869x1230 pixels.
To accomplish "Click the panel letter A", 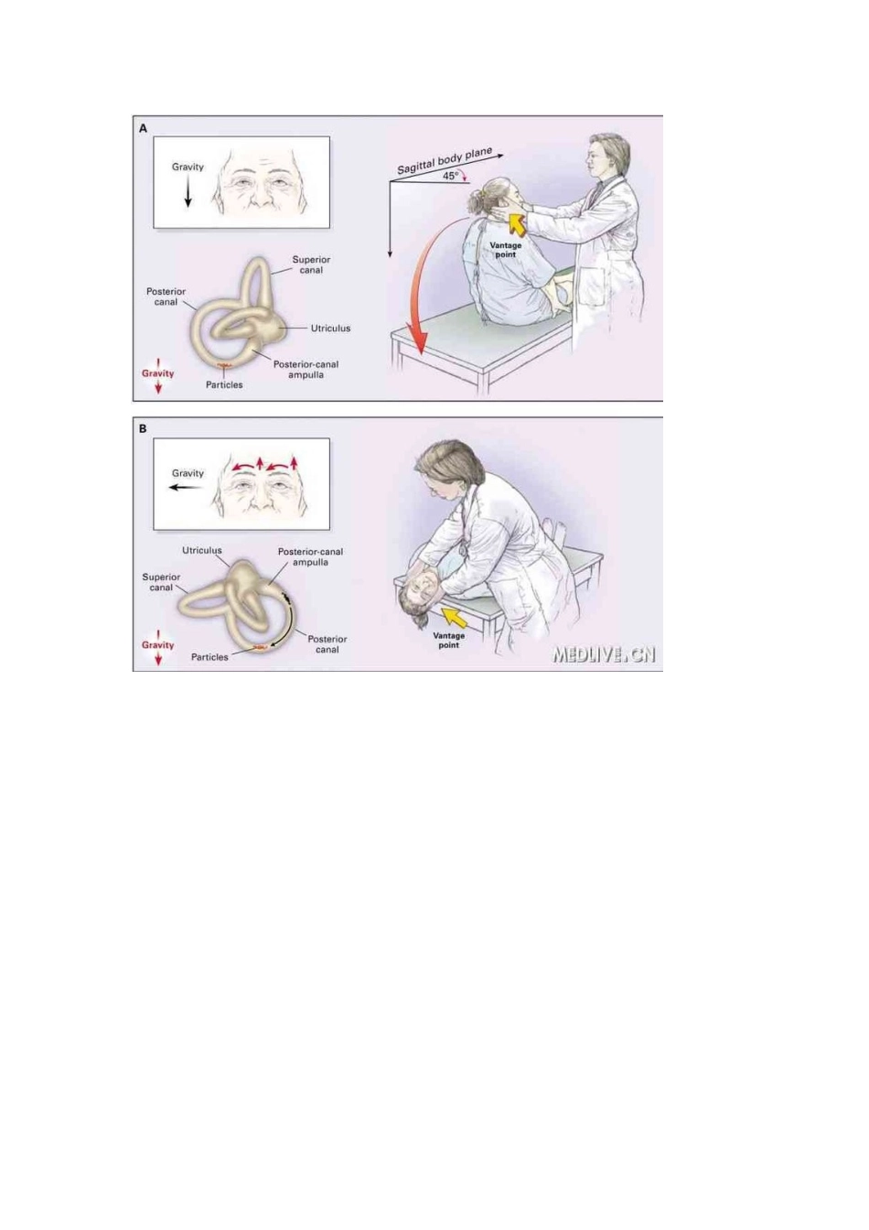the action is point(144,128).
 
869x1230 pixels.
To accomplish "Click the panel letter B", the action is point(144,429).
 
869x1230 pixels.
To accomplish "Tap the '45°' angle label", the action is point(450,177).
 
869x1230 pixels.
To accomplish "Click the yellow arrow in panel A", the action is point(516,223).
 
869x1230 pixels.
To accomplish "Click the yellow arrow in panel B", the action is point(455,617).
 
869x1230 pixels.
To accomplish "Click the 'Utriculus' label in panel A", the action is point(330,329).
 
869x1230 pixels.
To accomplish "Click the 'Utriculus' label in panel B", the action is point(202,550).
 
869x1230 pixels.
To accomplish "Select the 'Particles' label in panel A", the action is point(224,385).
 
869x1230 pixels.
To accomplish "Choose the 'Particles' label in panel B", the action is point(209,657).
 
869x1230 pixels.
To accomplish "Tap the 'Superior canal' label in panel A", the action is point(311,264).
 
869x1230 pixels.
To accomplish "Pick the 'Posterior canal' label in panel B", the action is point(327,644).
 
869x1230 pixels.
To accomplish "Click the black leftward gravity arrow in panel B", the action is point(186,488).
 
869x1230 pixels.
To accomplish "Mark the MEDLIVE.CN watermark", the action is point(604,654).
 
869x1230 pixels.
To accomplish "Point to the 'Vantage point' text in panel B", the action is point(448,641).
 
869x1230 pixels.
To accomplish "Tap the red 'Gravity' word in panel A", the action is point(158,373).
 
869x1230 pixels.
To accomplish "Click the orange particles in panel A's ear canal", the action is point(225,367).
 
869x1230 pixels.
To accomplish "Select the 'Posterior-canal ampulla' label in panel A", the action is point(306,370).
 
